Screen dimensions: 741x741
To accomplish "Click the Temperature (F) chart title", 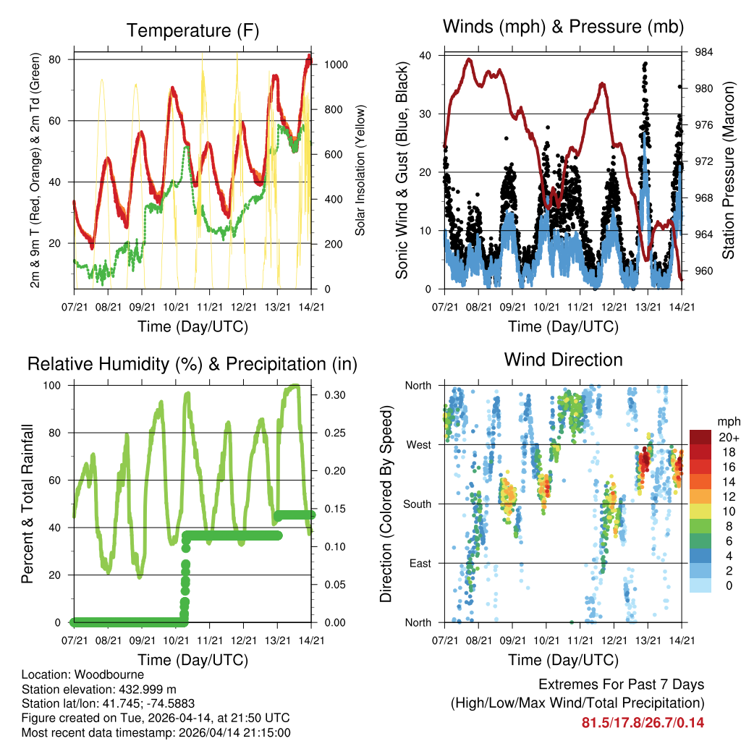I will click(x=192, y=31).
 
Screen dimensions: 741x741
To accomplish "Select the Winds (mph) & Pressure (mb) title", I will click(x=564, y=27).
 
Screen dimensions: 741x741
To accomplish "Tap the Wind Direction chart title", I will click(x=564, y=360).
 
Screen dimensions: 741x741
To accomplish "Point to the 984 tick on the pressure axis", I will click(x=704, y=52).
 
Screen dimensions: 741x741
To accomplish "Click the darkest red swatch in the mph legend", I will click(x=700, y=437).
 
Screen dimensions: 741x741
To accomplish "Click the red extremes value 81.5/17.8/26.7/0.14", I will click(x=643, y=723).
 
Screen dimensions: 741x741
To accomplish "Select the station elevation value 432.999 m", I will click(x=151, y=689).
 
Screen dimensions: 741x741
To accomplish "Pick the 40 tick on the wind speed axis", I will click(x=426, y=55).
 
